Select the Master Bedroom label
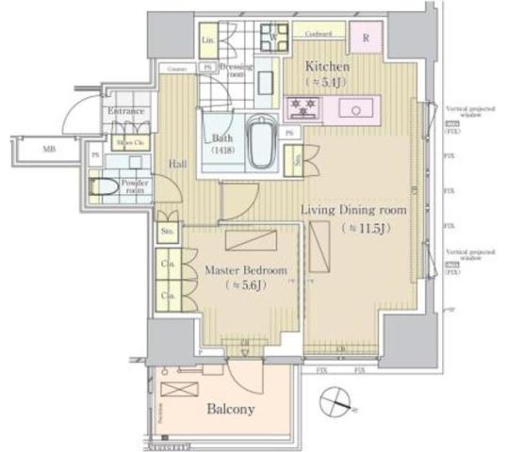click(x=238, y=269)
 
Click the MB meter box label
click(x=46, y=149)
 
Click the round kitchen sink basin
click(x=358, y=107)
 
